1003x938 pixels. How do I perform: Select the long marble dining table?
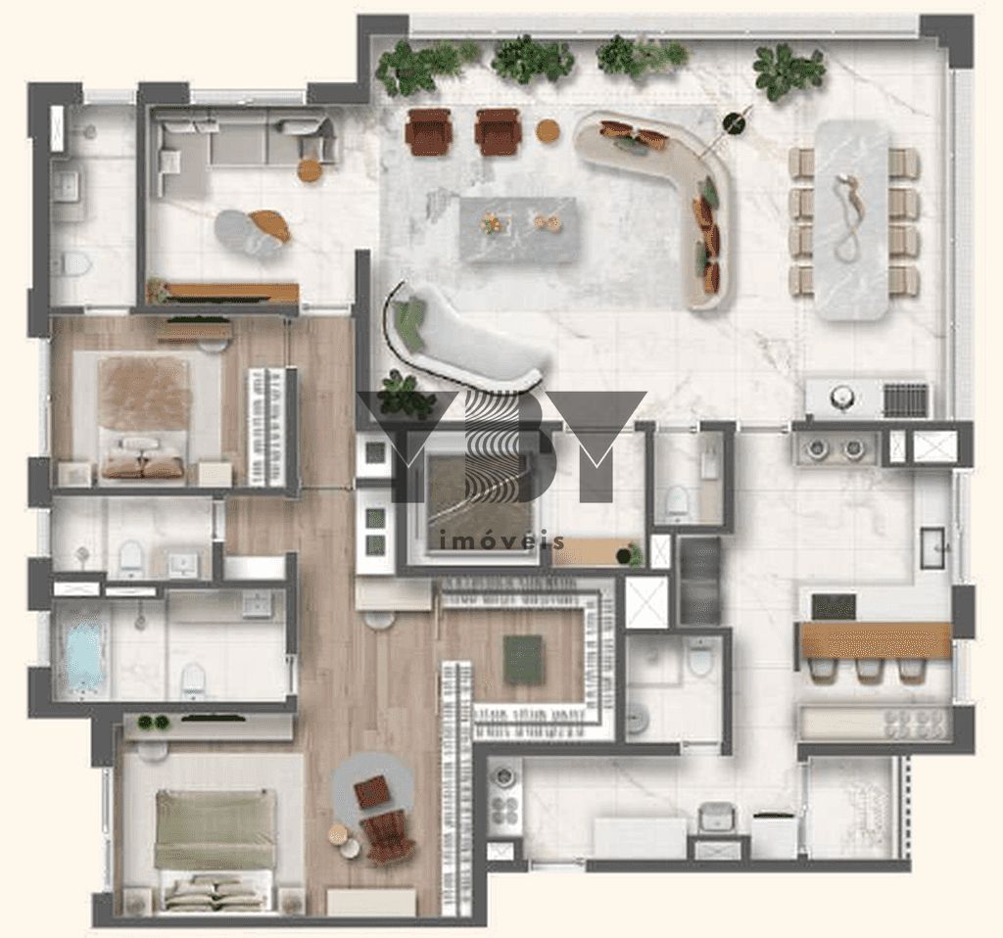point(852,219)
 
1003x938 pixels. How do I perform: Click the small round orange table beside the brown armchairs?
point(549,130)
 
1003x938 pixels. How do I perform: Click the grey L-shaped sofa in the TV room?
point(243,147)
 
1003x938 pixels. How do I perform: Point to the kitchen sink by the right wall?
point(935,547)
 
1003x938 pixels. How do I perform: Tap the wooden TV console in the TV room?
point(224,293)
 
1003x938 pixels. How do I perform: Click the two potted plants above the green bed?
point(154,723)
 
